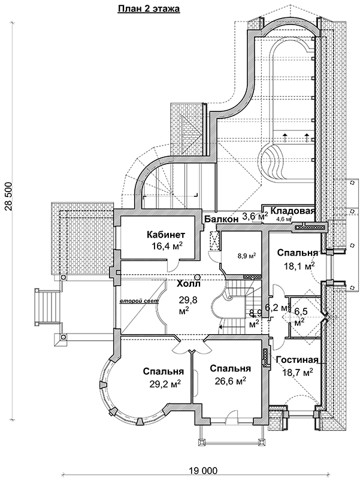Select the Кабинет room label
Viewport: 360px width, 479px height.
tap(166, 235)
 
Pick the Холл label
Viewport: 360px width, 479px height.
tap(189, 283)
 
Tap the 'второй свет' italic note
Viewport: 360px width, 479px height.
tap(139, 302)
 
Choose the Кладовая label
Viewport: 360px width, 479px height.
tap(292, 211)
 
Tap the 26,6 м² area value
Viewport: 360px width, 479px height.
tap(231, 380)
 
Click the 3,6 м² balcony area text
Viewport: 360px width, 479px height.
tap(255, 217)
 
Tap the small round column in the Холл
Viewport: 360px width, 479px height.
tap(198, 277)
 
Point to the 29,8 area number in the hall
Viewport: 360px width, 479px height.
tap(188, 301)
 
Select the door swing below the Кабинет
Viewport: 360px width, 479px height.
tap(173, 266)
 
